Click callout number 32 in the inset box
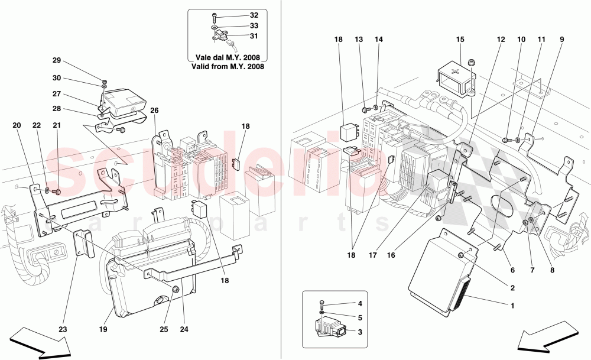click(x=254, y=15)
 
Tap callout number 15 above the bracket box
click(x=460, y=40)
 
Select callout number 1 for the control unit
click(x=512, y=306)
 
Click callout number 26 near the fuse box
click(x=155, y=110)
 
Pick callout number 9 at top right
click(x=561, y=40)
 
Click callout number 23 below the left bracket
click(x=63, y=330)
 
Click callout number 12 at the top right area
click(x=501, y=40)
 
